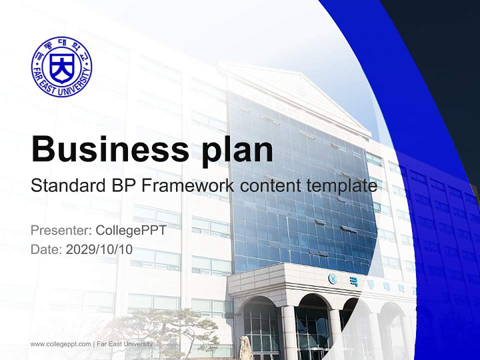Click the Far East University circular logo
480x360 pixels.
[x=62, y=66]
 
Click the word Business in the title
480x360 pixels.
[x=110, y=149]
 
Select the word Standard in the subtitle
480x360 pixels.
[x=68, y=185]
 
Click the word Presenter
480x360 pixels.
[x=61, y=230]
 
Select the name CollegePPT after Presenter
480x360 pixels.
[x=131, y=230]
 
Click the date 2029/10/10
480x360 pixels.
[x=99, y=249]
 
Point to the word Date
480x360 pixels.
[x=46, y=249]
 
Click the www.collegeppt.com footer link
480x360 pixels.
[x=60, y=344]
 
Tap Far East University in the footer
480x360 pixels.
[x=124, y=344]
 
